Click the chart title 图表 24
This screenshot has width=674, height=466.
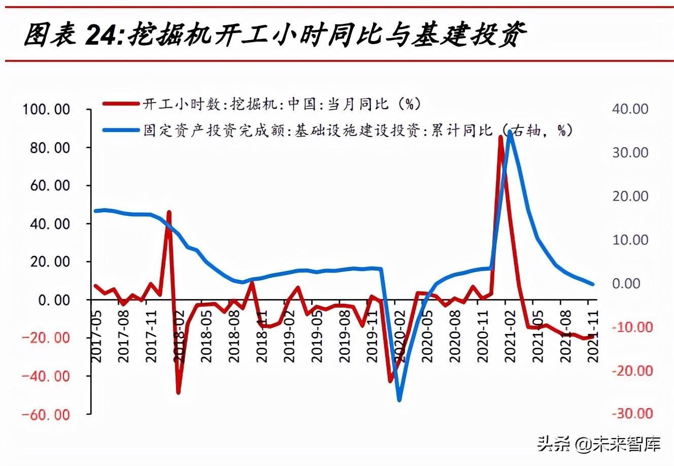[275, 36]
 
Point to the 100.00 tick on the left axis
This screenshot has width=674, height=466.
[46, 110]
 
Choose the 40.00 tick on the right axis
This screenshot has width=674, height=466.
[630, 109]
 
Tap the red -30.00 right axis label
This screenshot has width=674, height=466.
[631, 414]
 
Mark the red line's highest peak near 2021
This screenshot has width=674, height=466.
[500, 138]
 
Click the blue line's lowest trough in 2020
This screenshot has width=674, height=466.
[399, 400]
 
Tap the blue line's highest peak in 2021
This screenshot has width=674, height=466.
[510, 132]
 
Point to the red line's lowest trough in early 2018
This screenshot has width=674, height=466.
[178, 392]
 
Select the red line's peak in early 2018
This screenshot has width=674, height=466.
[169, 212]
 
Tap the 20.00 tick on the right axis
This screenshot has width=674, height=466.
[630, 196]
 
